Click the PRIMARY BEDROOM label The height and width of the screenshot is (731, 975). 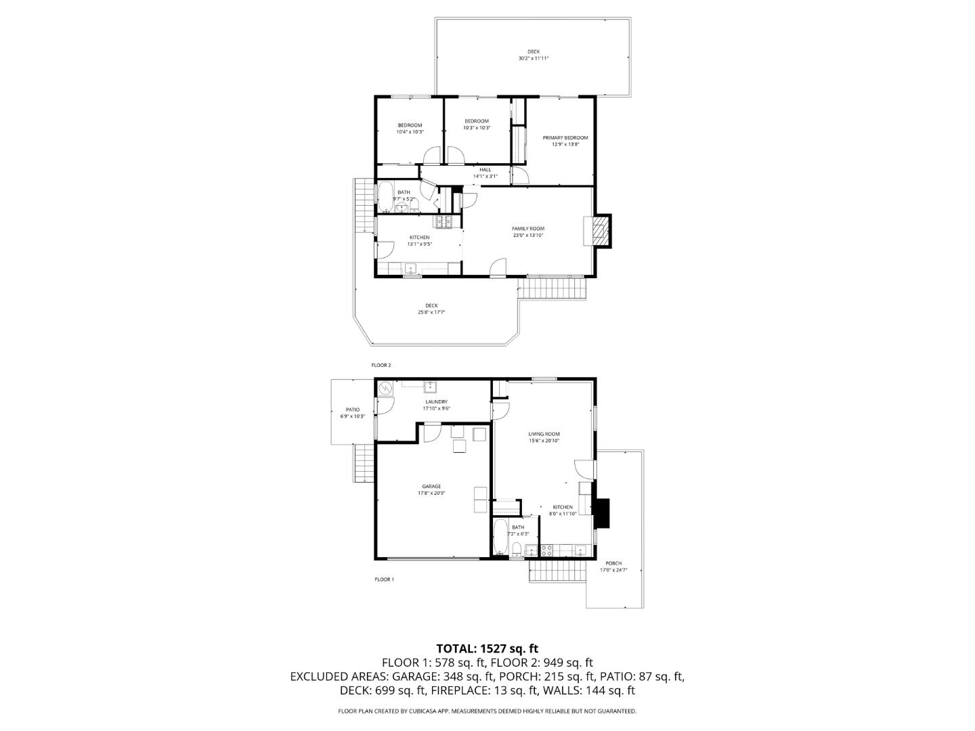point(565,137)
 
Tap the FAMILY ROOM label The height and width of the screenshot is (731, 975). point(528,229)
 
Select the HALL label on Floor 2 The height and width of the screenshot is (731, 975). point(485,170)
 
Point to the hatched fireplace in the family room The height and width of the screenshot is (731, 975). point(599,230)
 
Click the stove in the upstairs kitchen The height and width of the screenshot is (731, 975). point(443,221)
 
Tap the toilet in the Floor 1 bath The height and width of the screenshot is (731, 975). point(517,549)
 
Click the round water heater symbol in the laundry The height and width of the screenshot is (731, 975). point(385,389)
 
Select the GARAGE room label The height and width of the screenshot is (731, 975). point(431,487)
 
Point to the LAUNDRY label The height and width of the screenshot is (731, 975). point(436,401)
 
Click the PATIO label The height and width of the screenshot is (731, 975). point(353,409)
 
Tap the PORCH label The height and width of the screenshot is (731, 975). point(613,563)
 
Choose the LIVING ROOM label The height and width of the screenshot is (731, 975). point(544,434)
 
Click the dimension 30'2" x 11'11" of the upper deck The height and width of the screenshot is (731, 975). point(534,58)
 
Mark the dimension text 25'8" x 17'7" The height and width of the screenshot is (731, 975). point(431,312)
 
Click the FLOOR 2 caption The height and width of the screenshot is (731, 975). point(381,365)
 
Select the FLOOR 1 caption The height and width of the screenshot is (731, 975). point(384,579)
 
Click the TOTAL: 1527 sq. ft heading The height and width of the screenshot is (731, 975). point(487,649)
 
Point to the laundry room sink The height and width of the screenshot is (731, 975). point(429,387)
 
